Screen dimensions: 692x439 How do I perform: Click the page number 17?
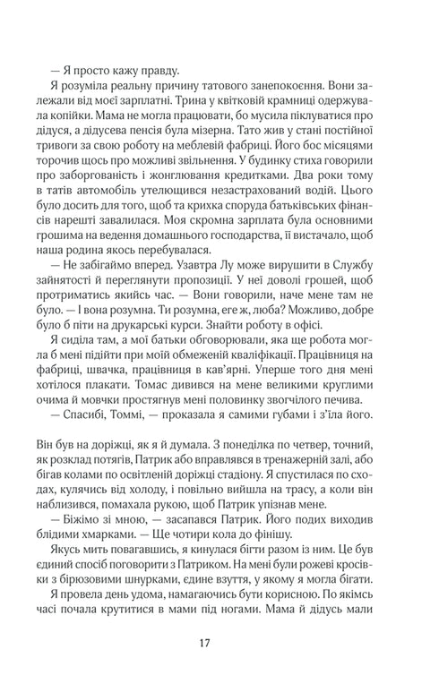tap(219, 642)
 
